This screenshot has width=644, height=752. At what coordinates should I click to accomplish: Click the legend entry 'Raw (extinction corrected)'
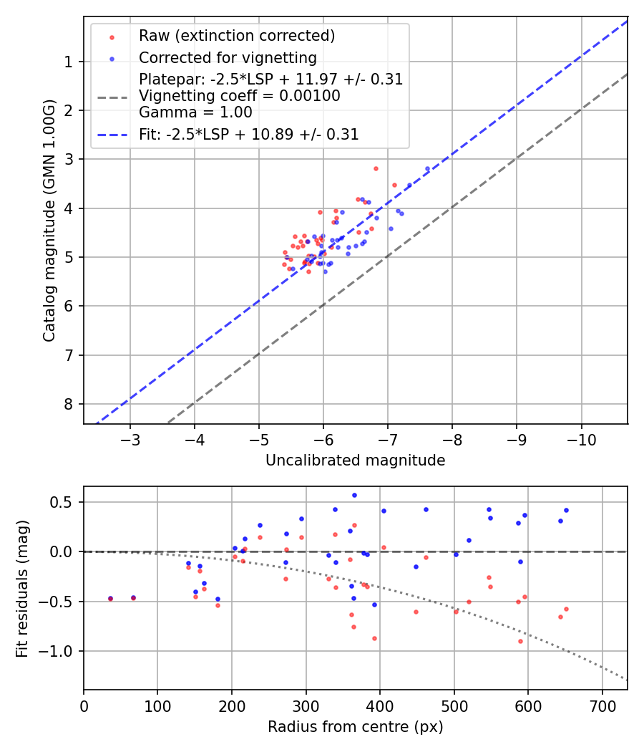[237, 36]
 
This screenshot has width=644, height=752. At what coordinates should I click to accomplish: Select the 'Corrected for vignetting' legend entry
[228, 57]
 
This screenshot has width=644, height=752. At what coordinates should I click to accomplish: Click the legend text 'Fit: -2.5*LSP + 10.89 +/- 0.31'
[249, 134]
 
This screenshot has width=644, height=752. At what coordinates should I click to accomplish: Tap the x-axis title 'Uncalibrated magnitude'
[355, 461]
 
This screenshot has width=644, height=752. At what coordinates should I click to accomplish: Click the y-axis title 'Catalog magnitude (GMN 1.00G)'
[49, 220]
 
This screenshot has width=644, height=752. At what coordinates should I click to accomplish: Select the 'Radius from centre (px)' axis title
[355, 727]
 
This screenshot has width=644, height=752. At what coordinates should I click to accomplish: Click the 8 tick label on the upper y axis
[69, 404]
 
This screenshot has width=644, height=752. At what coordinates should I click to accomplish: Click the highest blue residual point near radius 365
[353, 495]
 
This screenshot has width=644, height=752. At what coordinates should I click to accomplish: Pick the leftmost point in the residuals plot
[110, 599]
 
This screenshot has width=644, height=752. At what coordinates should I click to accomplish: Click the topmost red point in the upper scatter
[376, 168]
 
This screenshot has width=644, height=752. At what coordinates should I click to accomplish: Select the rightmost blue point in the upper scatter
[427, 168]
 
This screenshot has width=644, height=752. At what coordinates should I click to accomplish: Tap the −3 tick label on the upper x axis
[130, 438]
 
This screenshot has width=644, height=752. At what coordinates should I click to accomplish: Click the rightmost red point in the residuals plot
[566, 609]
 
